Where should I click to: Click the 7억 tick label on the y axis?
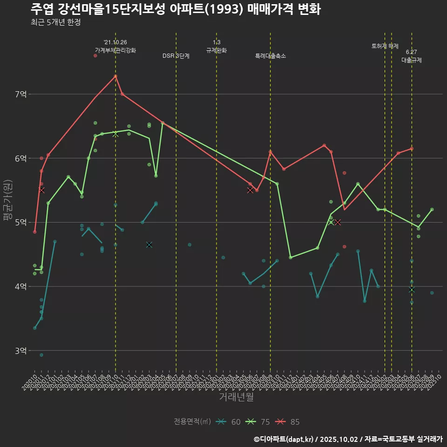pos(20,95)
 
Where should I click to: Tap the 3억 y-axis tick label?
pos(20,351)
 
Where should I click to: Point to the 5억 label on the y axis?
pos(20,223)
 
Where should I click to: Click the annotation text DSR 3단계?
pos(176,56)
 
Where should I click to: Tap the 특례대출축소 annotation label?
pos(271,56)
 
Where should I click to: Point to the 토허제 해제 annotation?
pos(385,46)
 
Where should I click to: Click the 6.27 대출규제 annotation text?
pos(412,56)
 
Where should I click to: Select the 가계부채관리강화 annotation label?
pos(115,50)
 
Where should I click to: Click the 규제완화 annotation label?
pos(217,50)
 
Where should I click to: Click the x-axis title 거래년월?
pos(237,397)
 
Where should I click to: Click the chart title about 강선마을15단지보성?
pos(176,9)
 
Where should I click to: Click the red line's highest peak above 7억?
pos(115,76)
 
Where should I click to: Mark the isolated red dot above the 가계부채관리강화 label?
pos(95,55)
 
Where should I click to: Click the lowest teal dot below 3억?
pos(41,355)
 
